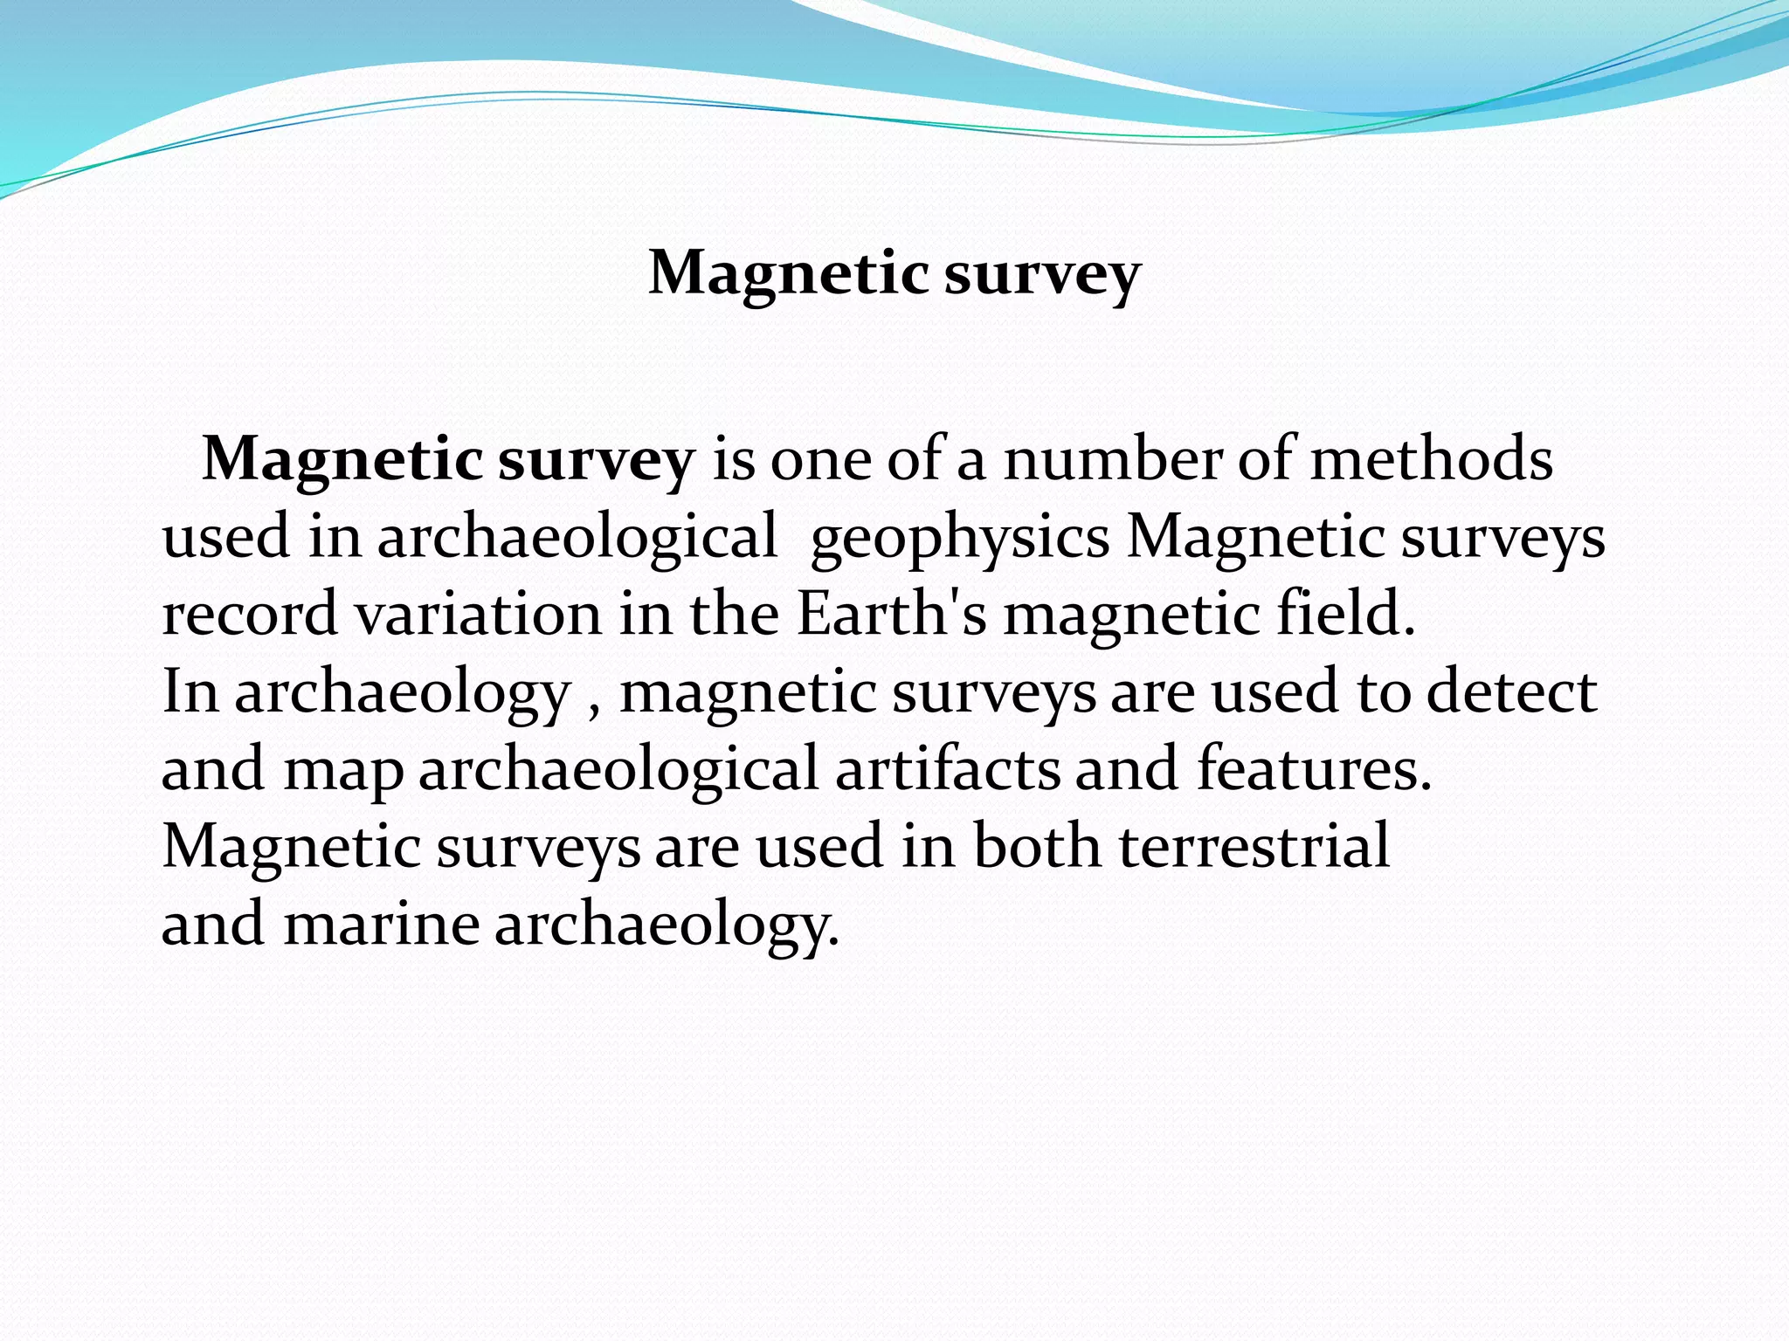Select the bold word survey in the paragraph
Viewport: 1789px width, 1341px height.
tap(596, 461)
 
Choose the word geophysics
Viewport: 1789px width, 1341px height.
tap(959, 540)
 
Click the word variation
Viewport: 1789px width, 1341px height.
tap(478, 614)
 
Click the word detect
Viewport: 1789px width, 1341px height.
tap(1511, 691)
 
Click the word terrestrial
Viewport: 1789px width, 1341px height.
tap(1254, 845)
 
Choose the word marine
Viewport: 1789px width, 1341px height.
tap(381, 924)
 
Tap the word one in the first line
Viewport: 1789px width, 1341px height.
tap(820, 461)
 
